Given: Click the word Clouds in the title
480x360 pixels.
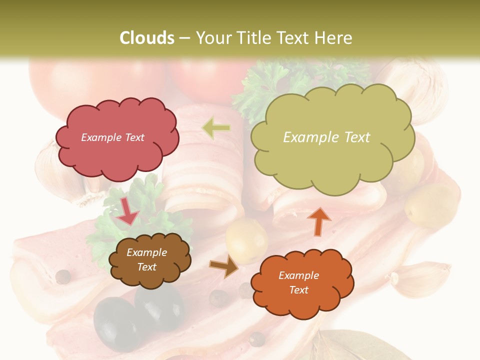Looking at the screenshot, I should (147, 38).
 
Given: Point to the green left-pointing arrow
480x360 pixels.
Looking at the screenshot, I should (216, 128).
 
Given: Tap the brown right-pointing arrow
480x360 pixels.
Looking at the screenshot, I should (224, 266).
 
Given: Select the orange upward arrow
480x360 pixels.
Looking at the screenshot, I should (319, 221).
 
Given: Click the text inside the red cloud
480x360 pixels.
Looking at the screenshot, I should (112, 137).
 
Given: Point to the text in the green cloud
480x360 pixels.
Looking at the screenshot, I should (326, 137).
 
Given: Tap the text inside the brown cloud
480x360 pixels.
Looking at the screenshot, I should (146, 259).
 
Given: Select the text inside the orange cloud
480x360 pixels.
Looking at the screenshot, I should (298, 282).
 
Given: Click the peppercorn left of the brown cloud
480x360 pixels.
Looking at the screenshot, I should (62, 276).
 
